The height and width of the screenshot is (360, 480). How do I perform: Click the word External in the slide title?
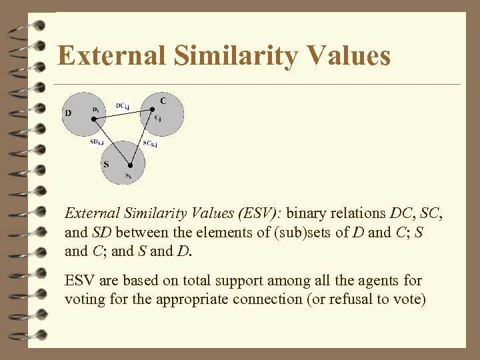(x=111, y=56)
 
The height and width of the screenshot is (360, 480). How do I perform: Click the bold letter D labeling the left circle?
(x=68, y=113)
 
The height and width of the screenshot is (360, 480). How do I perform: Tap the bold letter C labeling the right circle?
(x=163, y=100)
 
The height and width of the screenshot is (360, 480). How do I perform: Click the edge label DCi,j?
(x=123, y=105)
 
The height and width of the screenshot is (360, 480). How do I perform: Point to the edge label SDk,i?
(x=97, y=141)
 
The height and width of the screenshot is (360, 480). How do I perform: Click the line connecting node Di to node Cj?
(x=123, y=114)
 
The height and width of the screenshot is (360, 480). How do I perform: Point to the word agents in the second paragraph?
(x=359, y=281)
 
